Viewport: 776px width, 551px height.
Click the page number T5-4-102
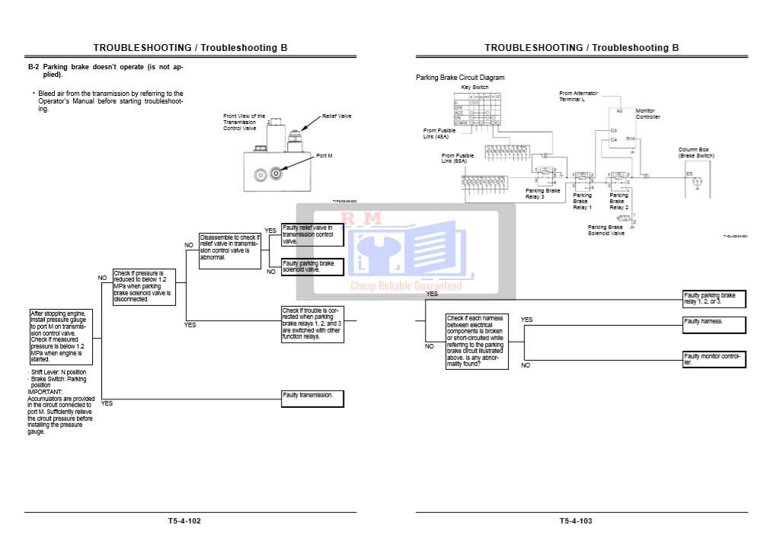coord(185,521)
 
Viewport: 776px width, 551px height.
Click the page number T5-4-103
coord(576,521)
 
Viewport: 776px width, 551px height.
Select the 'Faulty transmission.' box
coord(312,398)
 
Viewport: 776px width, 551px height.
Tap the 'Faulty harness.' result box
coord(714,325)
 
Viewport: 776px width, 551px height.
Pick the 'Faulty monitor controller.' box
coord(714,359)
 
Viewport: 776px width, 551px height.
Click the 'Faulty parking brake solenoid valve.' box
coord(312,266)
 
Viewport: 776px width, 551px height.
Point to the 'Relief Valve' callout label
coord(337,116)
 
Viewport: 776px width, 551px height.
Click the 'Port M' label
coord(324,155)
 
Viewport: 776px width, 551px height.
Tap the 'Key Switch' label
coord(475,88)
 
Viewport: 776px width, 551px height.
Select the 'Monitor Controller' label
coord(647,113)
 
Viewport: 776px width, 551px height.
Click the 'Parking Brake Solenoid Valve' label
coord(606,230)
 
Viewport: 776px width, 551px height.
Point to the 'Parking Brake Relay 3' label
coord(542,193)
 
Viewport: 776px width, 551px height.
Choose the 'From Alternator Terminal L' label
coord(579,96)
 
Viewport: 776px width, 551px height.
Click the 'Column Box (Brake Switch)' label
coord(696,153)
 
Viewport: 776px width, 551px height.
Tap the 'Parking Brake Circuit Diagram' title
coord(460,78)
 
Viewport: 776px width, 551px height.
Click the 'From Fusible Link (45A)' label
coord(439,133)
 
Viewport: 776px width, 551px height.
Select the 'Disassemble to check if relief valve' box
coord(230,247)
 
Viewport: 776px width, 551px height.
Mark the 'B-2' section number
coord(34,67)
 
